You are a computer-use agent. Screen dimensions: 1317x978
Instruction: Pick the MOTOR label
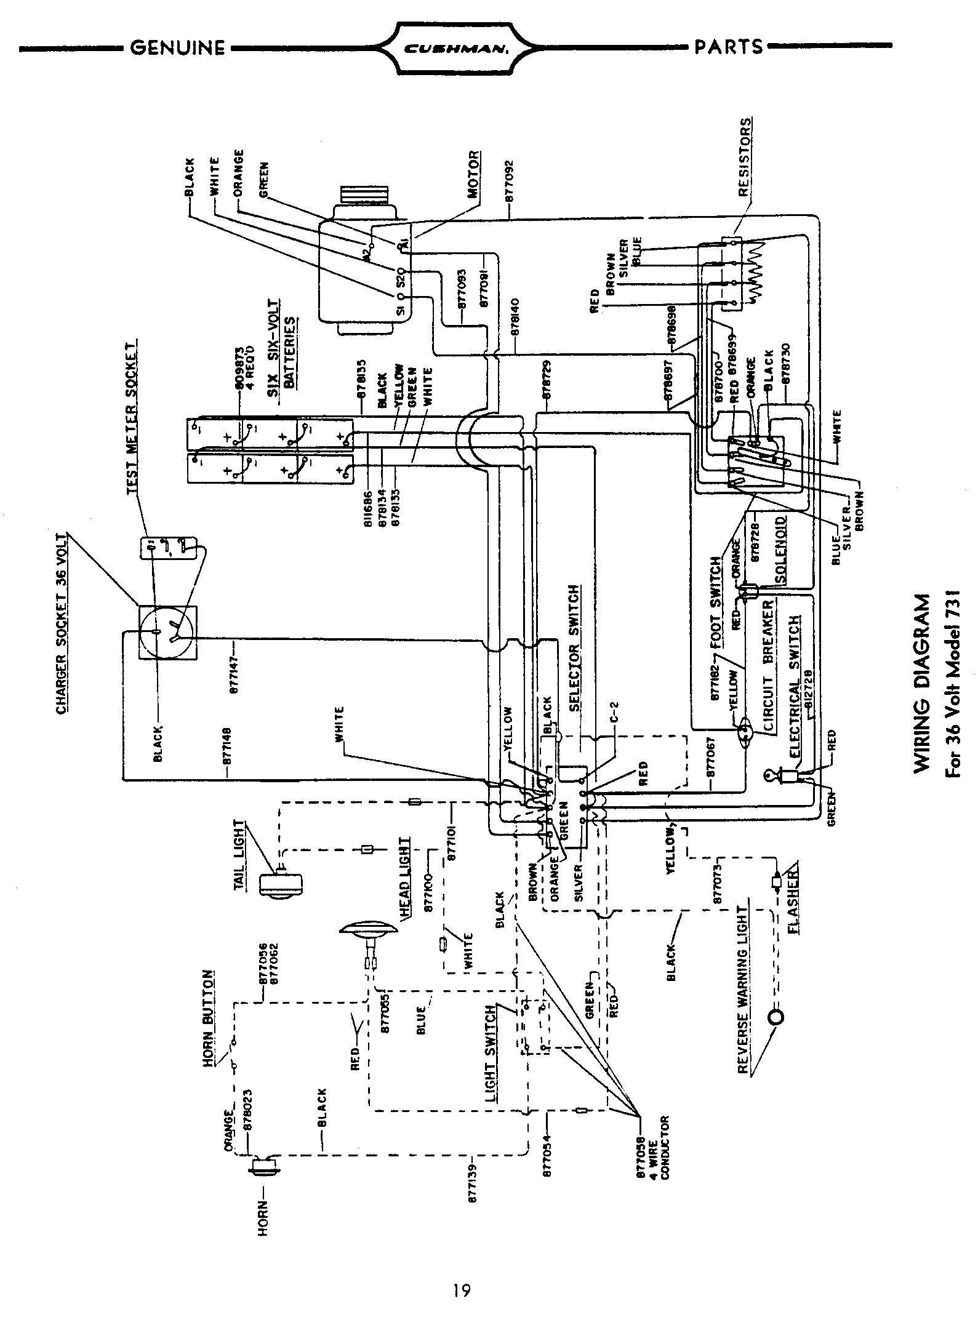click(x=474, y=174)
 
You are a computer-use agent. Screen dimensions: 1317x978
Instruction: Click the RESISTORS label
click(x=745, y=158)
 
